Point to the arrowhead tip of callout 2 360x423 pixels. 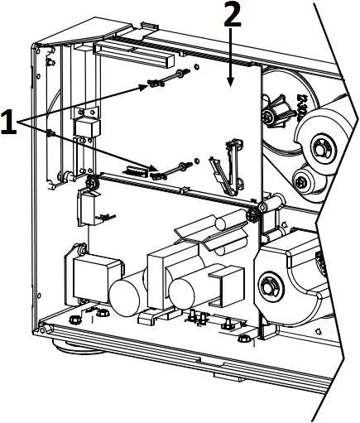(x=232, y=85)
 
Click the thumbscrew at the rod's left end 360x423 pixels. (x=90, y=181)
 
